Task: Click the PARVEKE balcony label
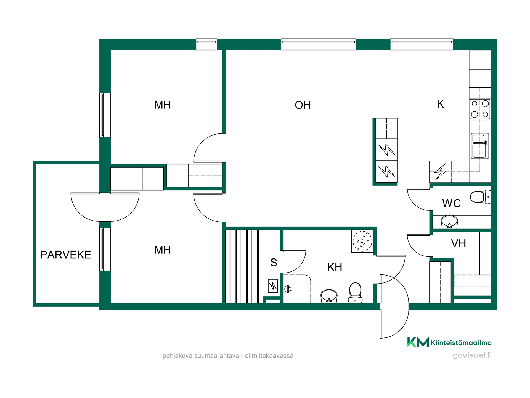(x=66, y=255)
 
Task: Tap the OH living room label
(x=303, y=105)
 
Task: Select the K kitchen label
(x=440, y=104)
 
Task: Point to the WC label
(x=451, y=203)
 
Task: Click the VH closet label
(x=458, y=243)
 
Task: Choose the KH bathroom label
(x=335, y=267)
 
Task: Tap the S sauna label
(x=274, y=262)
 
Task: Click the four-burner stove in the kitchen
(x=480, y=109)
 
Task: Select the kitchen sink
(x=480, y=146)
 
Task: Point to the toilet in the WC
(x=481, y=197)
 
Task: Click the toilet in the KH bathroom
(x=355, y=293)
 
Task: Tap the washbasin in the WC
(x=449, y=222)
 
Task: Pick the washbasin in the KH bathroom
(x=329, y=296)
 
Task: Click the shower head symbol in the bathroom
(x=288, y=289)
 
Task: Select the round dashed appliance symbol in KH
(x=362, y=241)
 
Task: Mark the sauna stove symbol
(x=273, y=286)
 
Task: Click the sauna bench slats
(x=244, y=266)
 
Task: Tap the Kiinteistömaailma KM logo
(x=449, y=342)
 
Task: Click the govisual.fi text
(x=472, y=355)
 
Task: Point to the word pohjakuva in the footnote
(x=177, y=356)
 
